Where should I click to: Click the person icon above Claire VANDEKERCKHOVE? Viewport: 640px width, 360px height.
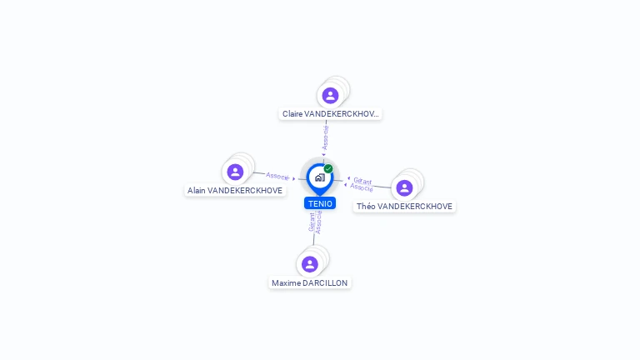pyautogui.click(x=330, y=95)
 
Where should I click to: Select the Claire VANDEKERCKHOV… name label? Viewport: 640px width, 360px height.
pyautogui.click(x=331, y=113)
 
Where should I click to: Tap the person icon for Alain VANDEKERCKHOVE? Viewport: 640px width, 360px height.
pyautogui.click(x=235, y=172)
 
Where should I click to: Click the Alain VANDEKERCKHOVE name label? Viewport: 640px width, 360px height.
pyautogui.click(x=235, y=190)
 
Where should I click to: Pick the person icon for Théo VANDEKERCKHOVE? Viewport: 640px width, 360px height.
pyautogui.click(x=404, y=187)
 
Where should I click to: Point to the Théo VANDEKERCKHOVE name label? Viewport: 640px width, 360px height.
pyautogui.click(x=404, y=206)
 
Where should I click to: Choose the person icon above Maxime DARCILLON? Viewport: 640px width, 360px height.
pyautogui.click(x=310, y=264)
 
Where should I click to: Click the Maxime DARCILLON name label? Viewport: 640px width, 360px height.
pyautogui.click(x=310, y=282)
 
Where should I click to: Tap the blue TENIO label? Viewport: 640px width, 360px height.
pyautogui.click(x=320, y=203)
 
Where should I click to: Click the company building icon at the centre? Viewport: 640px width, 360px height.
pyautogui.click(x=319, y=177)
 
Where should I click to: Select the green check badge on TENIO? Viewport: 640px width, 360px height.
pyautogui.click(x=328, y=168)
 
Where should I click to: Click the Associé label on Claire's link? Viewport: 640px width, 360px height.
pyautogui.click(x=326, y=137)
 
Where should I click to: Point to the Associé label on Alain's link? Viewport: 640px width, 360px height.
pyautogui.click(x=277, y=176)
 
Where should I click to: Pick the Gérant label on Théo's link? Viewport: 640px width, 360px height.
pyautogui.click(x=362, y=180)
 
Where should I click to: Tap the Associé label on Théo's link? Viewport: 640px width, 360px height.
pyautogui.click(x=362, y=187)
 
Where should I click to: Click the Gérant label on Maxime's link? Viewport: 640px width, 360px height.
pyautogui.click(x=312, y=222)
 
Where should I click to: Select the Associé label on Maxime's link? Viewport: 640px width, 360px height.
pyautogui.click(x=318, y=222)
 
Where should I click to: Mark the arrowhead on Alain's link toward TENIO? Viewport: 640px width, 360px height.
pyautogui.click(x=294, y=178)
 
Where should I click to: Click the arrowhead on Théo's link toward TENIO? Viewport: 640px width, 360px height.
pyautogui.click(x=347, y=179)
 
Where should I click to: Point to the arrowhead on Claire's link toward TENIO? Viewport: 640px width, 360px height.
pyautogui.click(x=324, y=154)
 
